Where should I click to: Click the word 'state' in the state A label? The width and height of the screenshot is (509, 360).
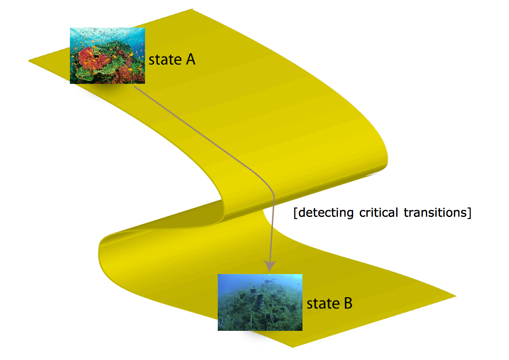[x=165, y=60]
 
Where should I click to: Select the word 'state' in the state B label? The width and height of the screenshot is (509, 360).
[x=323, y=303]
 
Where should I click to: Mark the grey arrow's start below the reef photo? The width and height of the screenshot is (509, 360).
[x=134, y=86]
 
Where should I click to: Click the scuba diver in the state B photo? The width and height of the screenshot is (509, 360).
[x=269, y=280]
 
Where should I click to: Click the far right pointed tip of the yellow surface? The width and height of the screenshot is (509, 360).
[x=456, y=296]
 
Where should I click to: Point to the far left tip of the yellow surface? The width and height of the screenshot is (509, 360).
[x=29, y=61]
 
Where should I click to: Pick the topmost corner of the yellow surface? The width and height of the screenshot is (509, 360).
[x=193, y=9]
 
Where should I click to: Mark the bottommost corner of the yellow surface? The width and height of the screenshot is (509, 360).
[x=292, y=347]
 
